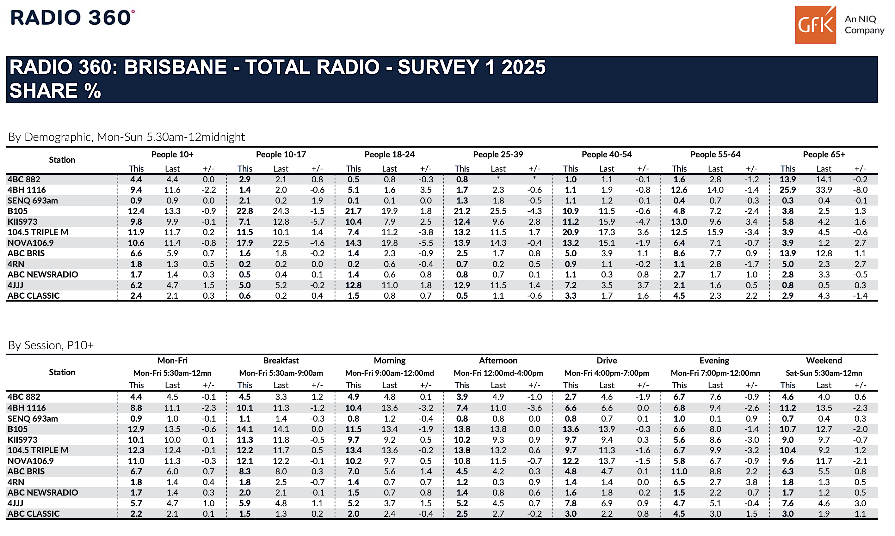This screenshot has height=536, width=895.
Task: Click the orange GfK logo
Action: pyautogui.click(x=815, y=25)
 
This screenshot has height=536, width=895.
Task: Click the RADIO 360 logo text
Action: pyautogui.click(x=72, y=17)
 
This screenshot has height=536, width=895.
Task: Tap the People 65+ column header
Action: pyautogui.click(x=824, y=155)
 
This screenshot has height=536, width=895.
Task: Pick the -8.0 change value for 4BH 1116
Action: pyautogui.click(x=860, y=190)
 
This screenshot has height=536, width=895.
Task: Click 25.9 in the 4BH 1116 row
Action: pyautogui.click(x=788, y=190)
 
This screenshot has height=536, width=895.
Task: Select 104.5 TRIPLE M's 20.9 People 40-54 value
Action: pyautogui.click(x=571, y=232)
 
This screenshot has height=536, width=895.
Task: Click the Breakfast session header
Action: pyautogui.click(x=281, y=361)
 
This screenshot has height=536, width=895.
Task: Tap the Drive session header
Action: pyautogui.click(x=607, y=361)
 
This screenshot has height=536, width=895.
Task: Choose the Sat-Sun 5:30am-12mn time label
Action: pyautogui.click(x=824, y=373)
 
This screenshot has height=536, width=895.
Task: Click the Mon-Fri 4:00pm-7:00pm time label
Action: pyautogui.click(x=607, y=373)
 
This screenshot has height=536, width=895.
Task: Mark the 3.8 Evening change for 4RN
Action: pyautogui.click(x=751, y=482)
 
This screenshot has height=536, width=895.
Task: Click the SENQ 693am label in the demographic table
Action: pyautogui.click(x=33, y=200)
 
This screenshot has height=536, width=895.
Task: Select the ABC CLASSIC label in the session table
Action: pyautogui.click(x=34, y=514)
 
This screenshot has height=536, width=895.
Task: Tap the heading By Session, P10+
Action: pyautogui.click(x=51, y=346)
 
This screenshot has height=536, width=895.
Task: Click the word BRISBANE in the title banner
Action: pyautogui.click(x=176, y=67)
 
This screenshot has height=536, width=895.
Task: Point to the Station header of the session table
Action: pyautogui.click(x=62, y=372)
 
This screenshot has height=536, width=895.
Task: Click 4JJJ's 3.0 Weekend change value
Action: pyautogui.click(x=860, y=503)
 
